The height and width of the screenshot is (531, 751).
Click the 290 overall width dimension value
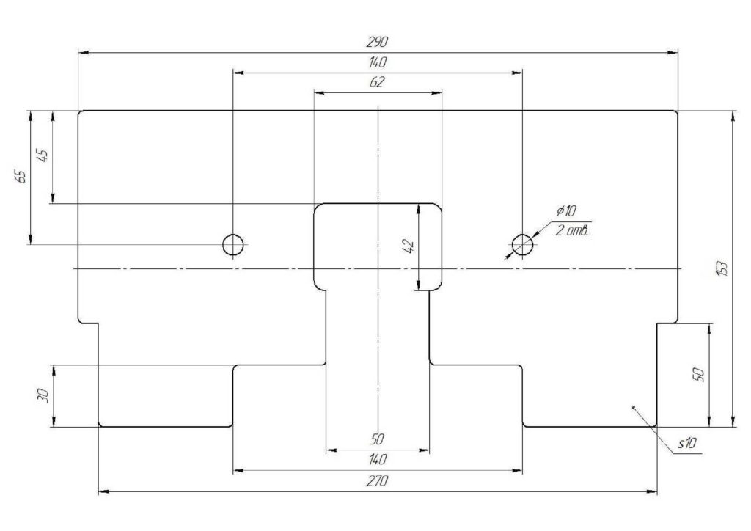coord(378,42)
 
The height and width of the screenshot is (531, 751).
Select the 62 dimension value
coord(378,82)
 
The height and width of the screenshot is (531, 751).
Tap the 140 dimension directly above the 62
coord(378,62)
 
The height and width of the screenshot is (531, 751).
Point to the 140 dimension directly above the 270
coord(378,460)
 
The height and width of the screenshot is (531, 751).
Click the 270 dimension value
coord(378,481)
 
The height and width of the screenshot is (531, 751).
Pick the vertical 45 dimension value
coord(42,156)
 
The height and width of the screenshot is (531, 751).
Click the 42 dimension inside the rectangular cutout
coord(409,246)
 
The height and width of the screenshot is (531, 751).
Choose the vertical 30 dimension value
coord(43,395)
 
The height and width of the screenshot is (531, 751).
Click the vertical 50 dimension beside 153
coord(699,374)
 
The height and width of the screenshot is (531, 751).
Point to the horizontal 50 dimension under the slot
coord(378,439)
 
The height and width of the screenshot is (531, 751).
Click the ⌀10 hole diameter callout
coord(566,211)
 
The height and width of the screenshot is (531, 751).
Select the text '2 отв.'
coord(571,230)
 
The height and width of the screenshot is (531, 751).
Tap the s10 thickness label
coord(687,444)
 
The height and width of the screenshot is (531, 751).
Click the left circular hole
coord(233,244)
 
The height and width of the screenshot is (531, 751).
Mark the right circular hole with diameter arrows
coord(522,244)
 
